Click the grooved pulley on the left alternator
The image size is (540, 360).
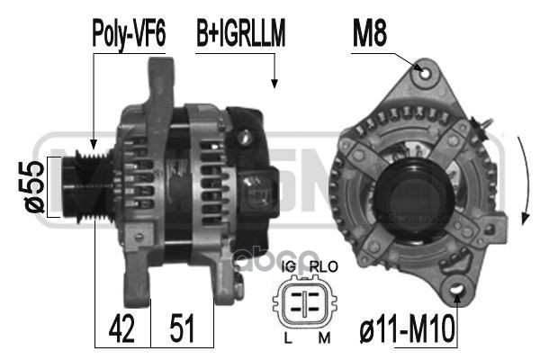click(83, 187)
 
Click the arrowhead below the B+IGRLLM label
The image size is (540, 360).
click(273, 85)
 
